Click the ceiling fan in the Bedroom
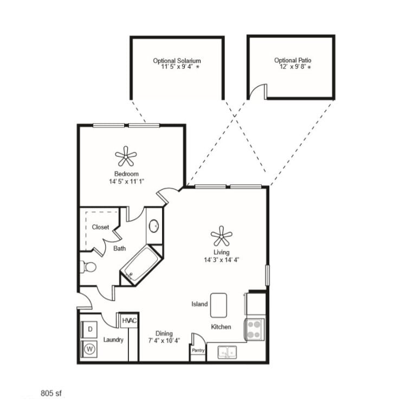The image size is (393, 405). [126, 157]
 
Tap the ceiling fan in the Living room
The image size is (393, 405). [221, 236]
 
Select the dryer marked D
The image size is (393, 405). [89, 329]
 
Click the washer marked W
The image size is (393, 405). [89, 349]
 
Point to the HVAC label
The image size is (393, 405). [129, 321]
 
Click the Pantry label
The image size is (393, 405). [198, 351]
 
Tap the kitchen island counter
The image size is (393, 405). [218, 305]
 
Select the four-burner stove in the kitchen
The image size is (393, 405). [255, 329]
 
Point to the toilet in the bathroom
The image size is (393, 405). [88, 267]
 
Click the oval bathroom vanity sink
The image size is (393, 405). [154, 226]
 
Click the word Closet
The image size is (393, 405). [100, 227]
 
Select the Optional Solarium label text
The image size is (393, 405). [177, 61]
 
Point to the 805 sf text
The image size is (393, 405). [52, 392]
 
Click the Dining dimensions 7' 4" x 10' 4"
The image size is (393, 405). [164, 340]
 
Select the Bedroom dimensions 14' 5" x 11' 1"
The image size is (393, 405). [126, 182]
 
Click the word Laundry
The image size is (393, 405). [113, 340]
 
